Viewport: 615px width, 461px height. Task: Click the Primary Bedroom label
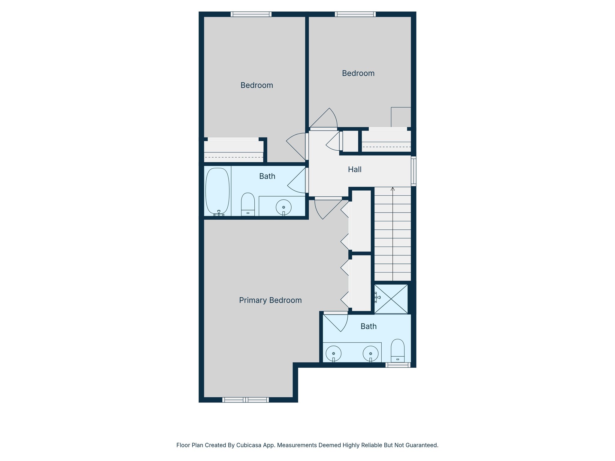click(x=270, y=300)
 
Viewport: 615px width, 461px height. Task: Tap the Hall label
click(x=355, y=170)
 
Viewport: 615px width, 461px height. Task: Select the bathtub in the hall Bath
click(x=217, y=191)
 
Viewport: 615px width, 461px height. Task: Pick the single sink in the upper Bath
click(x=283, y=207)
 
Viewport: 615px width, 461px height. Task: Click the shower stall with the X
click(x=391, y=299)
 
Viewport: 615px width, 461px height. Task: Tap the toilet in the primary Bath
click(x=398, y=351)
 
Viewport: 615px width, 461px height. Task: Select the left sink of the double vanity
click(x=333, y=354)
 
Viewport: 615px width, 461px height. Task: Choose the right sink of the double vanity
click(x=371, y=354)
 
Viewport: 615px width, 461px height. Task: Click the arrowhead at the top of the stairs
click(x=392, y=189)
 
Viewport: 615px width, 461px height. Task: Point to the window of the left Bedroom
click(x=251, y=14)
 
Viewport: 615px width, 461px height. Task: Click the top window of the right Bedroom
click(x=355, y=14)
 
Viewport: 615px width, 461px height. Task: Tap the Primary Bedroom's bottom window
click(x=245, y=399)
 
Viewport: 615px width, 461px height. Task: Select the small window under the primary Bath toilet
click(x=398, y=365)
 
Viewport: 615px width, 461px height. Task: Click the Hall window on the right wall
click(x=414, y=171)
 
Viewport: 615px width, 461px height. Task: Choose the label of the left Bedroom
click(x=257, y=85)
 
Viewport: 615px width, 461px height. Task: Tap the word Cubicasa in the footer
click(x=248, y=445)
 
